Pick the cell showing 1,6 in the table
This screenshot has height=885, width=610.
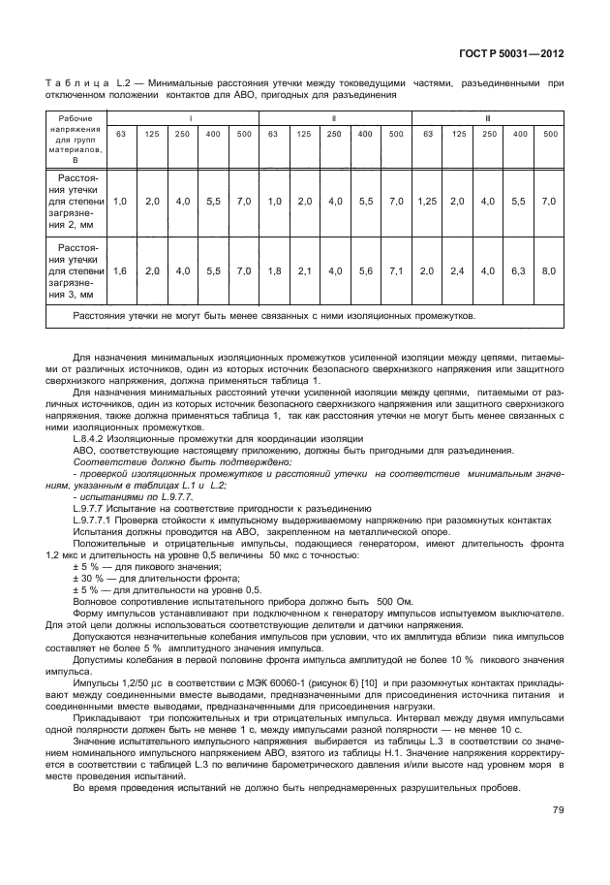coord(120,271)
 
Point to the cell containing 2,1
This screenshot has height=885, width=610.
coord(304,271)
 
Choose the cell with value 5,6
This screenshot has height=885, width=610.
coord(365,271)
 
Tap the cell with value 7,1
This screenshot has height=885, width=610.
coord(396,271)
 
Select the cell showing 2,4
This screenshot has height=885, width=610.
coord(458,271)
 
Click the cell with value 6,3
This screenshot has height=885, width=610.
coord(520,271)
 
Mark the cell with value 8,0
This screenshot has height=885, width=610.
coord(549,271)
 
